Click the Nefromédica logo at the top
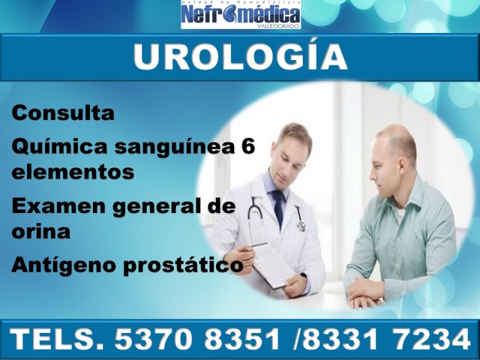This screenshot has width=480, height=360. [x=241, y=14]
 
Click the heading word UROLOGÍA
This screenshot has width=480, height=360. [x=241, y=57]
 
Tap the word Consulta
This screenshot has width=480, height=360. [x=63, y=113]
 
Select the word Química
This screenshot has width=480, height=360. [x=59, y=147]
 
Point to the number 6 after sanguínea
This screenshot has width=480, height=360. [x=248, y=146]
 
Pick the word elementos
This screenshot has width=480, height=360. [x=73, y=172]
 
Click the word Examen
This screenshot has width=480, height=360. [x=58, y=206]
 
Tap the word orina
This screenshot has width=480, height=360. [x=41, y=231]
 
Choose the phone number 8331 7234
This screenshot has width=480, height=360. [x=386, y=339]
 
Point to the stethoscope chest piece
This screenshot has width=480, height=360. [x=301, y=226]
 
